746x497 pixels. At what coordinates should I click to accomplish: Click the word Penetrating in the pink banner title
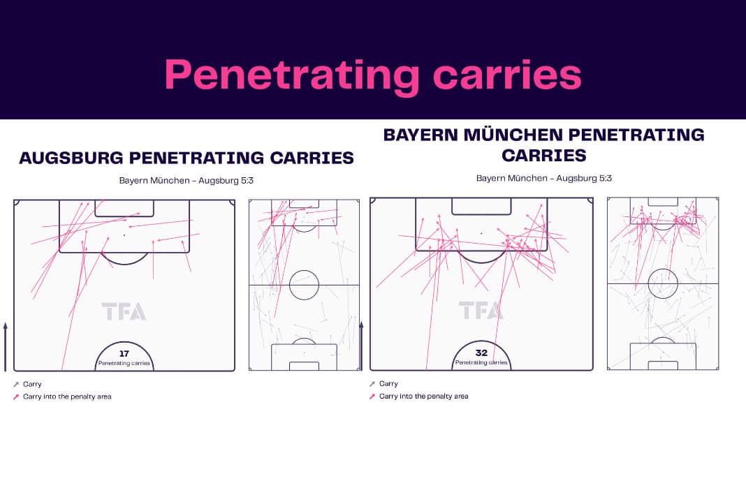292,75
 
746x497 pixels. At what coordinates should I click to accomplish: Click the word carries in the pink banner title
507,75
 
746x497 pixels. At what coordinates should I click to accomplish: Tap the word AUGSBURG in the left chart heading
71,158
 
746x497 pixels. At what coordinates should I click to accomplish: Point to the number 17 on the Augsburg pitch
124,354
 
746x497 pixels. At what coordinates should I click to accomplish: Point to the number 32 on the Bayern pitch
481,353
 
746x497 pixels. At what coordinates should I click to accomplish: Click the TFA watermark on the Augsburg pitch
124,311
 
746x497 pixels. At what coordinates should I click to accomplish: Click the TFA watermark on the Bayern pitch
481,310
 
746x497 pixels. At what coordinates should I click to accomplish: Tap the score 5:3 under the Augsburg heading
247,181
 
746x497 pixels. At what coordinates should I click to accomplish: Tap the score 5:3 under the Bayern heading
605,179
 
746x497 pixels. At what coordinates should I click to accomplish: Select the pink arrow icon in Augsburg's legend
16,396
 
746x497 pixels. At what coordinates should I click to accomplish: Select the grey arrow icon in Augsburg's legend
16,385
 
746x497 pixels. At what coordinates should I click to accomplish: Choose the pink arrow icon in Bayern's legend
372,396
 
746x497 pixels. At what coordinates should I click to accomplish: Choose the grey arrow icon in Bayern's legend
372,384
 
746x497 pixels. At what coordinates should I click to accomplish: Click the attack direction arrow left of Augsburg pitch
6,347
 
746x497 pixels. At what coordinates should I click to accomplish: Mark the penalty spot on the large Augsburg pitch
124,235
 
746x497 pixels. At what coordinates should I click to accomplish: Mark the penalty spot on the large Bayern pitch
481,234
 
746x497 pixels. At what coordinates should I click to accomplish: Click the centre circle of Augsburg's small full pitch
304,271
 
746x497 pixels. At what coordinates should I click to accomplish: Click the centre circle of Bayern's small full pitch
663,269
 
